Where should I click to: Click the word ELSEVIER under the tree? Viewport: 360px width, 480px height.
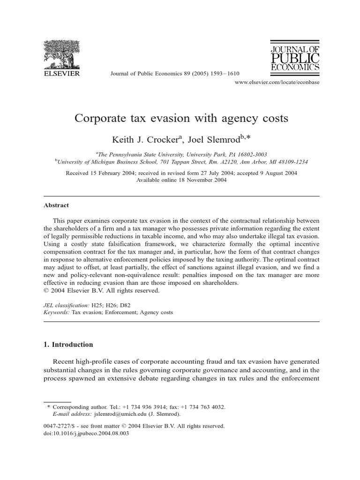(x=62, y=73)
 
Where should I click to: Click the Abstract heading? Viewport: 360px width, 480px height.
(x=56, y=205)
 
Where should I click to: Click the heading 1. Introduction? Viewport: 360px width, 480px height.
(x=68, y=345)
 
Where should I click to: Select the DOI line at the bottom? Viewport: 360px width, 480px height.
(x=86, y=434)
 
